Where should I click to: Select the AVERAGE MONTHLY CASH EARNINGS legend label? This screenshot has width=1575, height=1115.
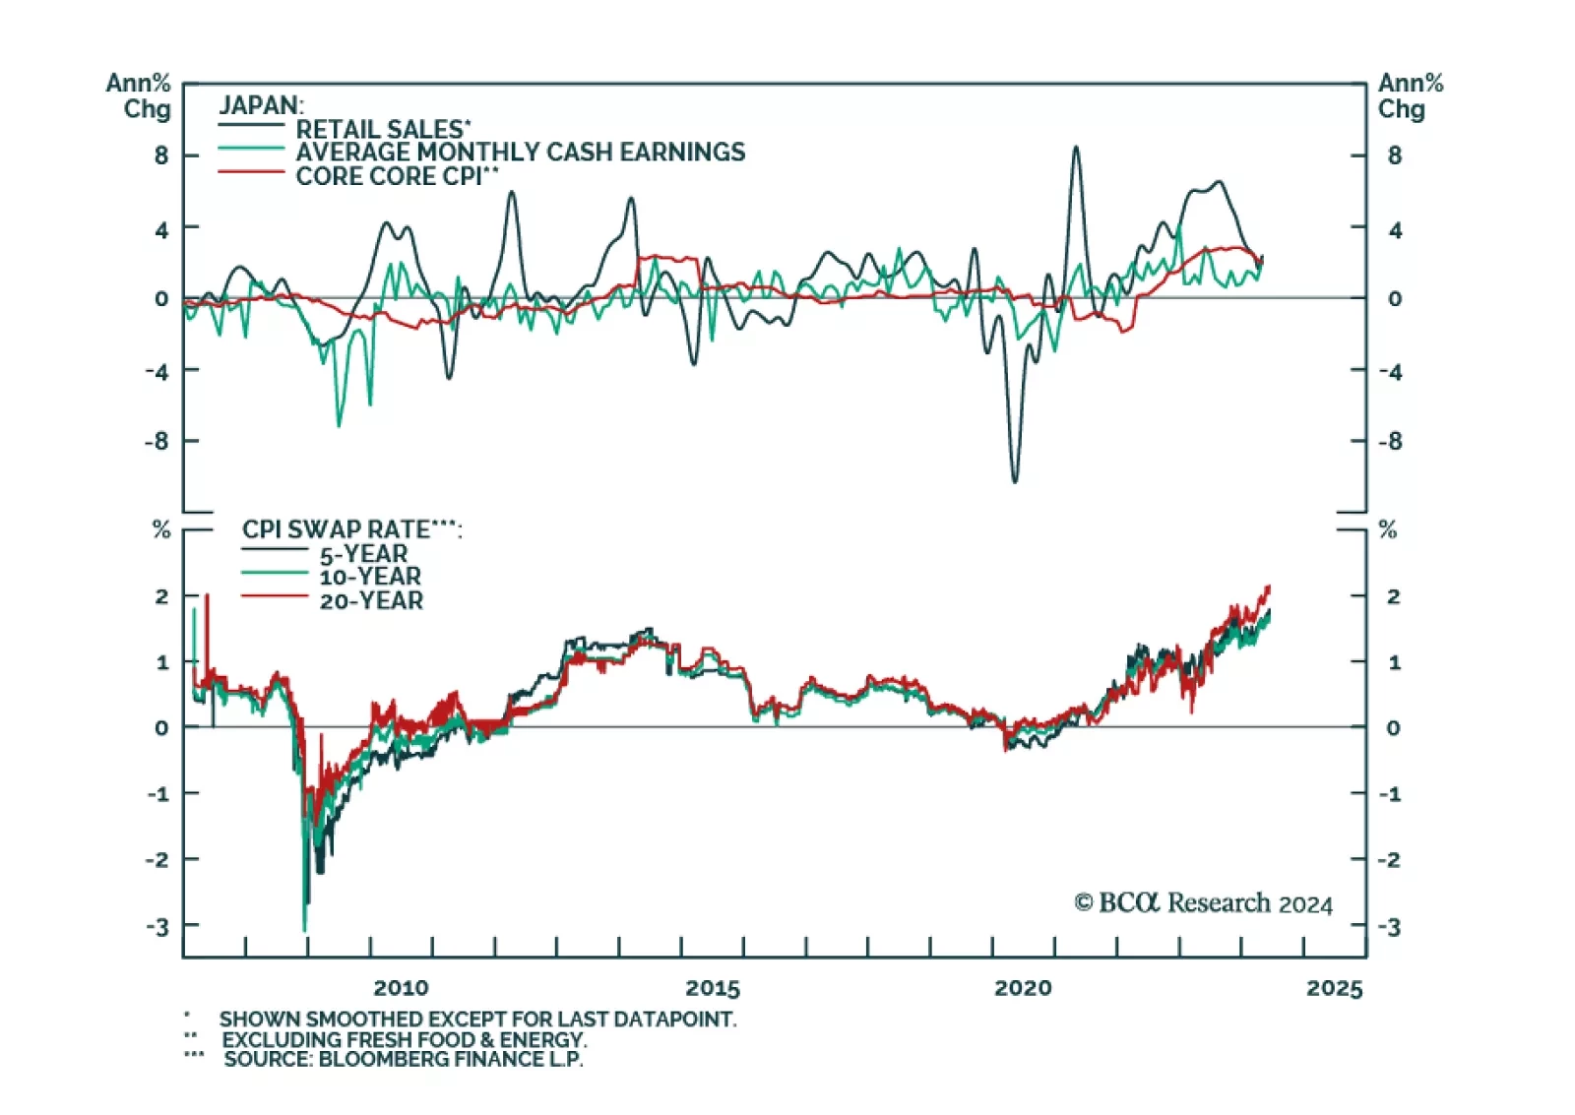point(520,153)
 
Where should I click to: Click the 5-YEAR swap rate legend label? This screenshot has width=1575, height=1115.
point(363,554)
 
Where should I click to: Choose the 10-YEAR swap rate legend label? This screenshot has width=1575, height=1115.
point(370,577)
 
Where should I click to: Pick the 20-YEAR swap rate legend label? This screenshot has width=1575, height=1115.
point(371,600)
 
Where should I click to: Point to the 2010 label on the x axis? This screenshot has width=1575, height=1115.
point(401,988)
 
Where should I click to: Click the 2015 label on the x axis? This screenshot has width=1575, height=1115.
point(713,988)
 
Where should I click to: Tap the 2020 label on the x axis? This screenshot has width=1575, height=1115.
point(1023,988)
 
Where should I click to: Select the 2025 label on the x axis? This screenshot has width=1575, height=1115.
point(1334,988)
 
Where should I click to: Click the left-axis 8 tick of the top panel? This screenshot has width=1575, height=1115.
point(161,155)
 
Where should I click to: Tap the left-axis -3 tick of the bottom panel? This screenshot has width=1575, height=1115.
point(157,926)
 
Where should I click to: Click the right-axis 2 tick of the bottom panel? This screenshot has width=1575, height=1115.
point(1393,596)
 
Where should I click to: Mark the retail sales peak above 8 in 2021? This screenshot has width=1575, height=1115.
point(1076,148)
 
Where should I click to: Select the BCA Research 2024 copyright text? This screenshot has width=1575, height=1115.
point(1203,902)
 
